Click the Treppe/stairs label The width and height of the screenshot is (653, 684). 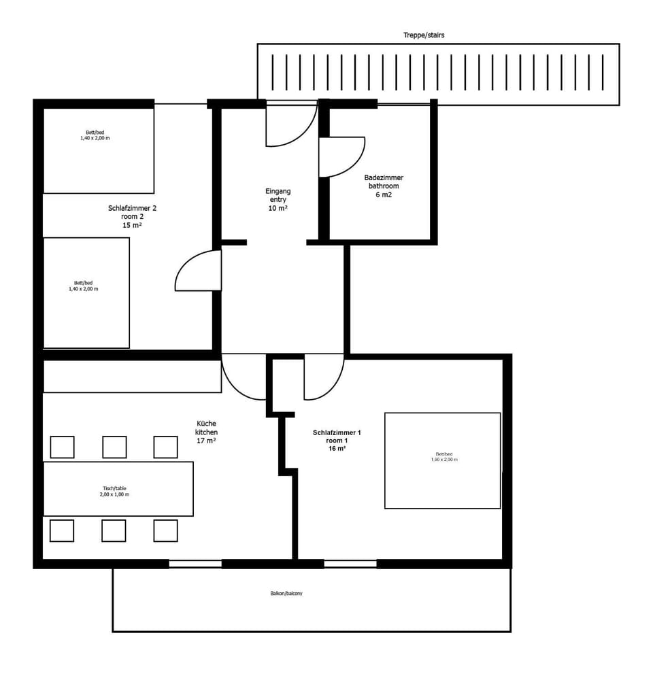click(423, 35)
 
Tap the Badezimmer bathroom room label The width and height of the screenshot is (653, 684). click(384, 186)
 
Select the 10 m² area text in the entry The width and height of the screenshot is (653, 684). click(278, 208)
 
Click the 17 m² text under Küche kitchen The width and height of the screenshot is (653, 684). click(206, 441)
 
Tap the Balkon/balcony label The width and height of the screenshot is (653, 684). click(286, 594)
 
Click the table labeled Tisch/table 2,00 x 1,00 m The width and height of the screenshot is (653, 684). click(118, 489)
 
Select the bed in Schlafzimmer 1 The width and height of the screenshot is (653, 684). click(442, 460)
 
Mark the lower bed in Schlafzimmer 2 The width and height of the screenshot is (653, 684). click(86, 293)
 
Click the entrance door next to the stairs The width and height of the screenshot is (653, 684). click(290, 124)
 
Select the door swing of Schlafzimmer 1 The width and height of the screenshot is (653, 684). click(322, 375)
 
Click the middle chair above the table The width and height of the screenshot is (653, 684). click(114, 447)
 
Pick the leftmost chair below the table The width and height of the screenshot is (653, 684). click(62, 530)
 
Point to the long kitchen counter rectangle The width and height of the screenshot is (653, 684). click(132, 376)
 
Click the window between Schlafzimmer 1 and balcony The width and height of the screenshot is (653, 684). click(350, 564)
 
